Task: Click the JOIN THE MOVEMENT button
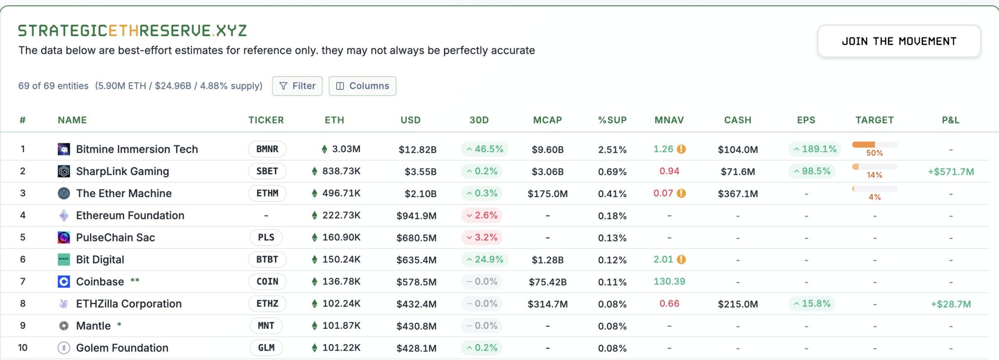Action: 899,41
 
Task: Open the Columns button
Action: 362,86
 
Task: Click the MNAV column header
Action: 669,120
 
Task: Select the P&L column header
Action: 950,120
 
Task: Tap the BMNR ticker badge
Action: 267,149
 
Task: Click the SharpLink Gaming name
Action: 122,171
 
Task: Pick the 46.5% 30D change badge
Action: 484,149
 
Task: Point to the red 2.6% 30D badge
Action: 481,215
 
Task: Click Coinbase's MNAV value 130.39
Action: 669,281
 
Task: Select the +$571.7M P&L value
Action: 950,172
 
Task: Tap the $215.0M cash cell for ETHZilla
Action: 738,304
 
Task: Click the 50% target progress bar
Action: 874,145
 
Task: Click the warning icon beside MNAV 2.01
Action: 681,260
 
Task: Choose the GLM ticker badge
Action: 266,348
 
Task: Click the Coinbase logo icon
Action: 64,281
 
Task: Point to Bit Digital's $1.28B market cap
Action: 547,260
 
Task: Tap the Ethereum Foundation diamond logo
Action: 64,216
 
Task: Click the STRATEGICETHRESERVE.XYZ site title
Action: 132,31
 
